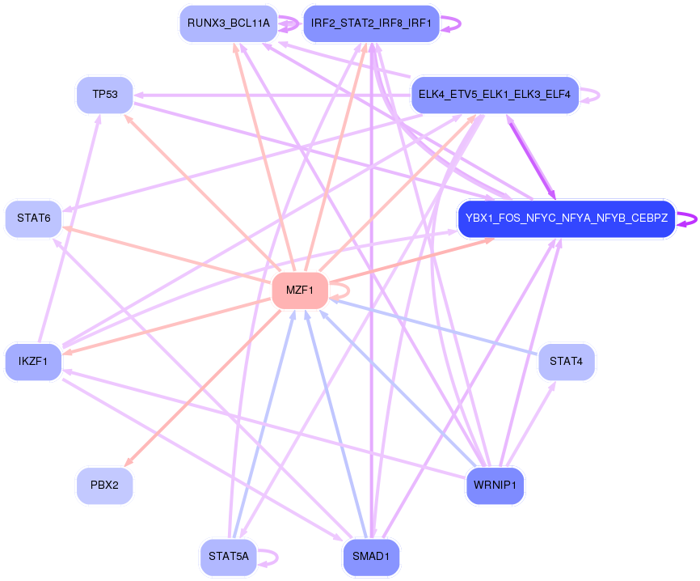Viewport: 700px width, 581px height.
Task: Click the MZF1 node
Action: click(x=300, y=290)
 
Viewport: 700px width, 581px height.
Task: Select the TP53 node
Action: click(x=105, y=95)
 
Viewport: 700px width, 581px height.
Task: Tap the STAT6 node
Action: click(x=33, y=218)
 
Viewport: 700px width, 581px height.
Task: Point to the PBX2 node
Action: click(x=105, y=486)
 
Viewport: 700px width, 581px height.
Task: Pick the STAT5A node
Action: click(x=228, y=557)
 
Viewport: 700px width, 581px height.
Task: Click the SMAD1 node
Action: click(x=371, y=557)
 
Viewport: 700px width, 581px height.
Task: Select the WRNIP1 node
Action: click(x=495, y=486)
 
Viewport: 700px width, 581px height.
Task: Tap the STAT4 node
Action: click(x=566, y=361)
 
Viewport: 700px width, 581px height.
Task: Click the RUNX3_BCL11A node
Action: click(x=228, y=23)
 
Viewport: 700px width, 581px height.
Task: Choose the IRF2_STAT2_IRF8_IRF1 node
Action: click(x=371, y=23)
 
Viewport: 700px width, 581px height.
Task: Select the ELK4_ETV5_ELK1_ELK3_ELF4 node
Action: click(x=495, y=95)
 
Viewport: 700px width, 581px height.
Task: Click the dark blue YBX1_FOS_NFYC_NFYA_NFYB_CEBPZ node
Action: click(x=566, y=218)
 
